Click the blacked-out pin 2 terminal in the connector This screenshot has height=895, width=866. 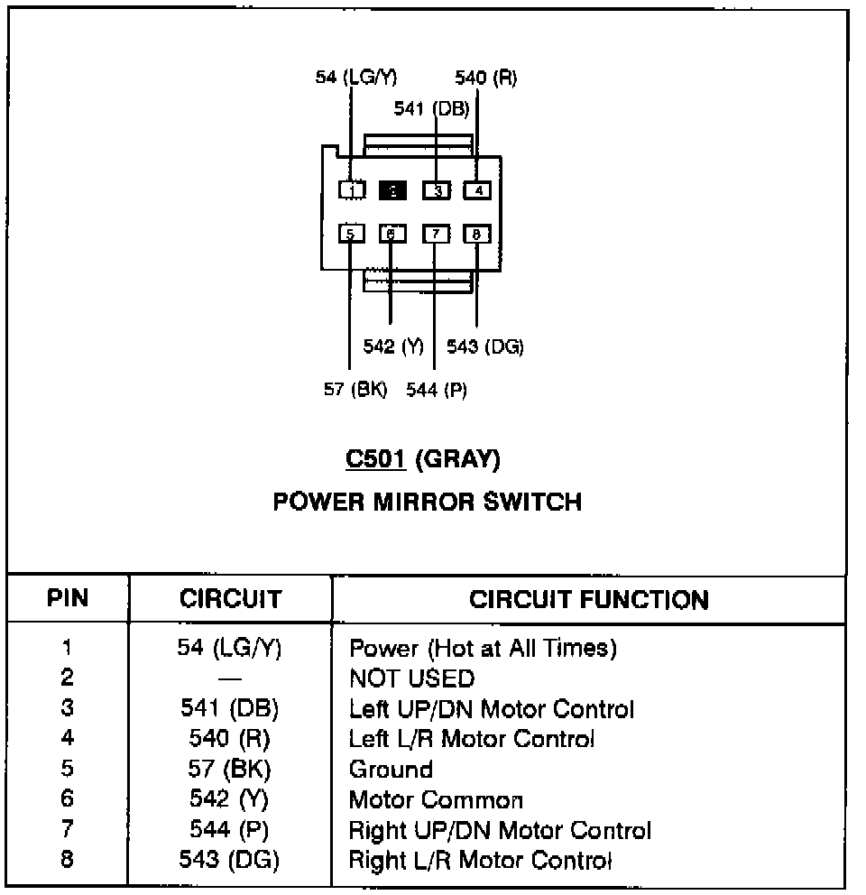click(x=393, y=190)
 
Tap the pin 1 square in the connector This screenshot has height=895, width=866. click(x=351, y=190)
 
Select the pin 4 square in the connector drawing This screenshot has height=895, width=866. click(x=477, y=190)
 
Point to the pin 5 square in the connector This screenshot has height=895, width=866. click(x=351, y=235)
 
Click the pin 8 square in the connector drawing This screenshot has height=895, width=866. click(x=477, y=235)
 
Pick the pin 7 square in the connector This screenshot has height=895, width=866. click(x=436, y=235)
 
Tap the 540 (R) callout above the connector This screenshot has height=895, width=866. click(x=485, y=78)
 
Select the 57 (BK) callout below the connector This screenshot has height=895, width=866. click(x=355, y=390)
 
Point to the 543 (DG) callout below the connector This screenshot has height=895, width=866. click(x=485, y=346)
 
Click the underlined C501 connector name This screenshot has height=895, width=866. click(x=377, y=459)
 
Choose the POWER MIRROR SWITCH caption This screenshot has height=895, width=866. click(x=428, y=502)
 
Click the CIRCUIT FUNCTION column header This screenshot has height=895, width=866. click(x=589, y=600)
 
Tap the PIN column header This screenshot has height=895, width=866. click(x=68, y=599)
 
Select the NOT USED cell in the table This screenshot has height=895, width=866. click(x=411, y=678)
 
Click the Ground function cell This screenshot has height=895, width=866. click(x=391, y=770)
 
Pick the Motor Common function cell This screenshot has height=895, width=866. click(x=436, y=800)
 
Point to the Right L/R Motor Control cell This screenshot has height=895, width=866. click(x=480, y=860)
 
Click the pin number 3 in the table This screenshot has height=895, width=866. click(x=67, y=708)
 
